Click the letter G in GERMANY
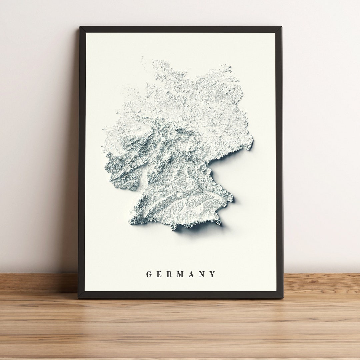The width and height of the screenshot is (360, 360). pyautogui.click(x=149, y=274)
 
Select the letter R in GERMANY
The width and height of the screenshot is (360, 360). pyautogui.click(x=169, y=274)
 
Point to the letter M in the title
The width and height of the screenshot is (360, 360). pyautogui.click(x=180, y=274)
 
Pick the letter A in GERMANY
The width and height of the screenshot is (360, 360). pyautogui.click(x=191, y=274)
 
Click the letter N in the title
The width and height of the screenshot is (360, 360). pyautogui.click(x=202, y=274)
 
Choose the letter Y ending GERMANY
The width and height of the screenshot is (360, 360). pyautogui.click(x=212, y=274)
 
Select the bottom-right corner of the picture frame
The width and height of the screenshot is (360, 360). pyautogui.click(x=283, y=298)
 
